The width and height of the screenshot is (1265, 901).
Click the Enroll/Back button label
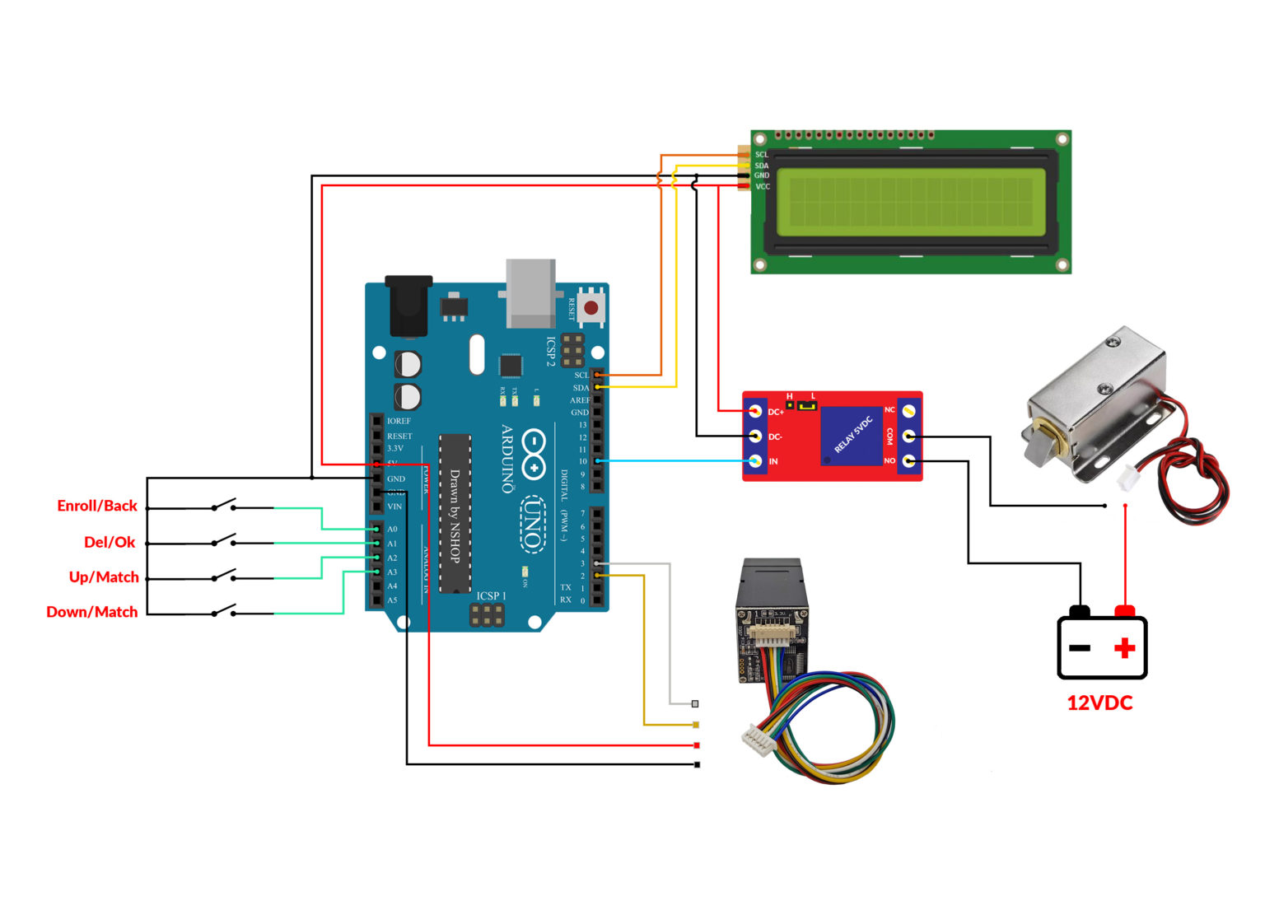[97, 506]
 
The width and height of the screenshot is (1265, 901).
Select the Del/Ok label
[110, 542]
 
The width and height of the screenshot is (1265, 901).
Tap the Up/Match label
[104, 577]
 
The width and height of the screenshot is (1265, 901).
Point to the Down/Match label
[92, 612]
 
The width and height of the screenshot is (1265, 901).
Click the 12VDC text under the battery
[1099, 703]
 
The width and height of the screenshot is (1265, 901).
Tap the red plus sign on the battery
[1124, 648]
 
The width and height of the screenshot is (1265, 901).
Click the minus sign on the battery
[1080, 648]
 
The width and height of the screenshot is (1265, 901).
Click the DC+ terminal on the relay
[754, 411]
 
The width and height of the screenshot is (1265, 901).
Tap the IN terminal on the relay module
[754, 461]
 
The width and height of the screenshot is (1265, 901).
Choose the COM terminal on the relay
[908, 436]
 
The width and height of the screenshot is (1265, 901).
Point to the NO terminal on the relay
[908, 460]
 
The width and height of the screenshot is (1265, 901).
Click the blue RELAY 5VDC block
[852, 436]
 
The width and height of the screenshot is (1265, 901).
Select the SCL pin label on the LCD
[762, 155]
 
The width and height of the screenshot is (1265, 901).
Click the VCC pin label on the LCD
[763, 187]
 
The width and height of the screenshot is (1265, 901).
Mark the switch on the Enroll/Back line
[224, 505]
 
